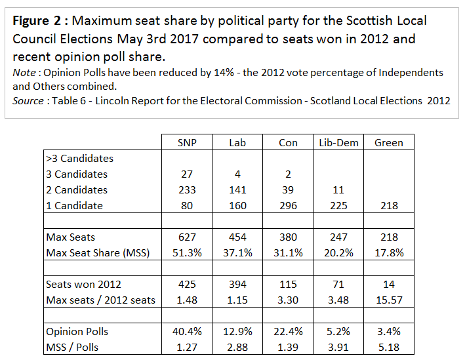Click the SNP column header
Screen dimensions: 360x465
tap(188, 142)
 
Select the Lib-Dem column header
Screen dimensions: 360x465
tap(338, 142)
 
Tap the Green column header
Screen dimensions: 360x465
tap(389, 142)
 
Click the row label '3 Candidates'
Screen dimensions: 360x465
tap(77, 174)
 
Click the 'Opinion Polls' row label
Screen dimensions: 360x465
tap(77, 331)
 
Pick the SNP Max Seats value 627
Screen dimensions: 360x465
tap(188, 237)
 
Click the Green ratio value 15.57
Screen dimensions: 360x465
tap(389, 300)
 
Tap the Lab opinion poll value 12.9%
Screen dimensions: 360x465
tap(238, 331)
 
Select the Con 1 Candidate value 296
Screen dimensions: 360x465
tap(288, 205)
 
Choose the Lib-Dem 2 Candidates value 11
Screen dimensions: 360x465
tap(338, 190)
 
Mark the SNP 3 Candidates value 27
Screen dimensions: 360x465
tap(188, 174)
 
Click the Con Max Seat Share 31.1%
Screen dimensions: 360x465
tap(288, 252)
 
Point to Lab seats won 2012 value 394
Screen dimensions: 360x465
tap(238, 284)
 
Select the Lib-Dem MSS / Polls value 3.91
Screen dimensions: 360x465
tap(338, 347)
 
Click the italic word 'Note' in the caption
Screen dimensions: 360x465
tap(24, 72)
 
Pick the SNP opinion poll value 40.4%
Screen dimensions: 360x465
tap(188, 331)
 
